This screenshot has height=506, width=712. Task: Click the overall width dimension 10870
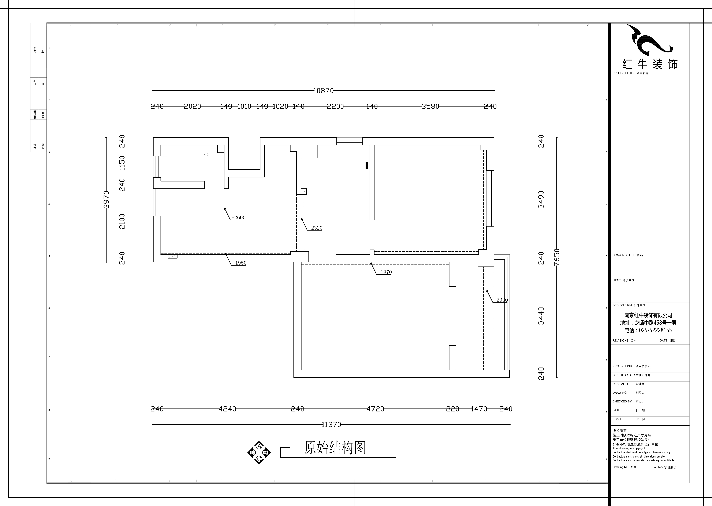pyautogui.click(x=323, y=91)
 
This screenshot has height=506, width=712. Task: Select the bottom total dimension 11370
pyautogui.click(x=331, y=424)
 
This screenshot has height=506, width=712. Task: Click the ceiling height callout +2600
pyautogui.click(x=238, y=217)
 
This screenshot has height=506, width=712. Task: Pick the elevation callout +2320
pyautogui.click(x=315, y=228)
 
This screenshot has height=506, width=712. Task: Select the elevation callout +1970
pyautogui.click(x=385, y=272)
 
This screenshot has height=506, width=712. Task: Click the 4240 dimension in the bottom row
pyautogui.click(x=227, y=409)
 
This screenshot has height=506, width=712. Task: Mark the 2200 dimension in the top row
pyautogui.click(x=335, y=106)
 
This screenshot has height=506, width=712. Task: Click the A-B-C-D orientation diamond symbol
pyautogui.click(x=259, y=452)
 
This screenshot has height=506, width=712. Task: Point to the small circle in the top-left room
pyautogui.click(x=206, y=155)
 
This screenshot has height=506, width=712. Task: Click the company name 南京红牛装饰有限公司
pyautogui.click(x=648, y=315)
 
